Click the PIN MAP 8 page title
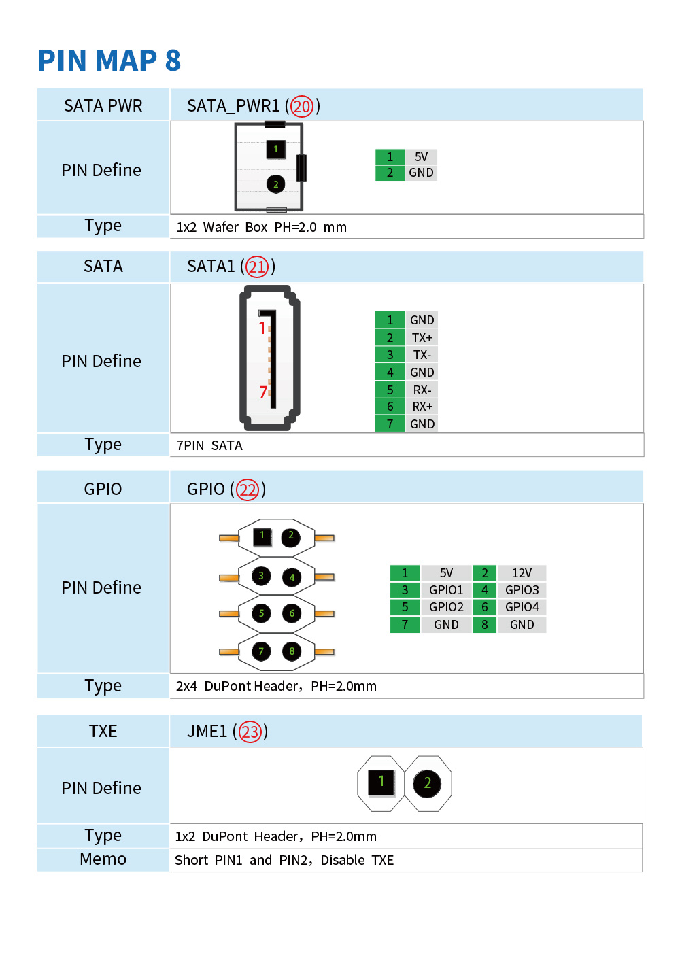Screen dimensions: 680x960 pos(109,60)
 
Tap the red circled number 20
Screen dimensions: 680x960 pos(301,106)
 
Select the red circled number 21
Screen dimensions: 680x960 pos(256,267)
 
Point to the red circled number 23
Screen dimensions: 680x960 pos(250,731)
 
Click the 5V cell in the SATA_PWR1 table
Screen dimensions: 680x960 pos(421,157)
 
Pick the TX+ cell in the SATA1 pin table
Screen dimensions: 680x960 pos(422,338)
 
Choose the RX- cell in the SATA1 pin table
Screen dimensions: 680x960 pos(422,390)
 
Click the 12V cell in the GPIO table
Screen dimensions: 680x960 pos(522,572)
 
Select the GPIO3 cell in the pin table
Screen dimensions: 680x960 pos(522,589)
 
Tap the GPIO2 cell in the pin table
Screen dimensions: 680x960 pos(446,607)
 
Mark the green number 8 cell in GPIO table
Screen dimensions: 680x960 pos(484,624)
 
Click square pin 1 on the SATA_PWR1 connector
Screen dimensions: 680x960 pos(275,150)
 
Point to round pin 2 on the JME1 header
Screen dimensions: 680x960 pos(427,783)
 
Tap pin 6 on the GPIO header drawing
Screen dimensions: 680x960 pos(292,613)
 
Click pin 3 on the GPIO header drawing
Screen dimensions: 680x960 pos(261,576)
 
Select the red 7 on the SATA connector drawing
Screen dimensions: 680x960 pos(263,392)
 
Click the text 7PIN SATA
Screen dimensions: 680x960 pos(209,446)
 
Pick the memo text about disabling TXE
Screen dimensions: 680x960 pos(284,860)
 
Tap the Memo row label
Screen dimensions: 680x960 pos(103,859)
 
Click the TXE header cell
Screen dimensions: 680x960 pos(103,731)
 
